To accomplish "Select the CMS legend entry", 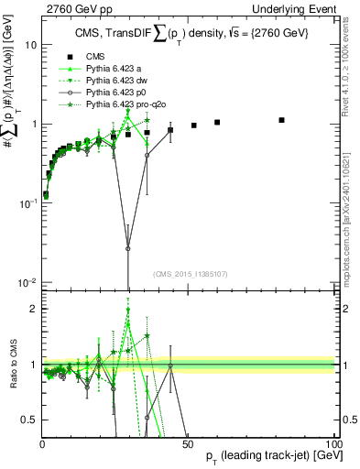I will pos(88,56).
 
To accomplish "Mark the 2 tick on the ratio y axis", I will pos(32,309).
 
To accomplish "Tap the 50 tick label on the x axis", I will pos(188,444).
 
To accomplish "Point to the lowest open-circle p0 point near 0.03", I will pos(128,248).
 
